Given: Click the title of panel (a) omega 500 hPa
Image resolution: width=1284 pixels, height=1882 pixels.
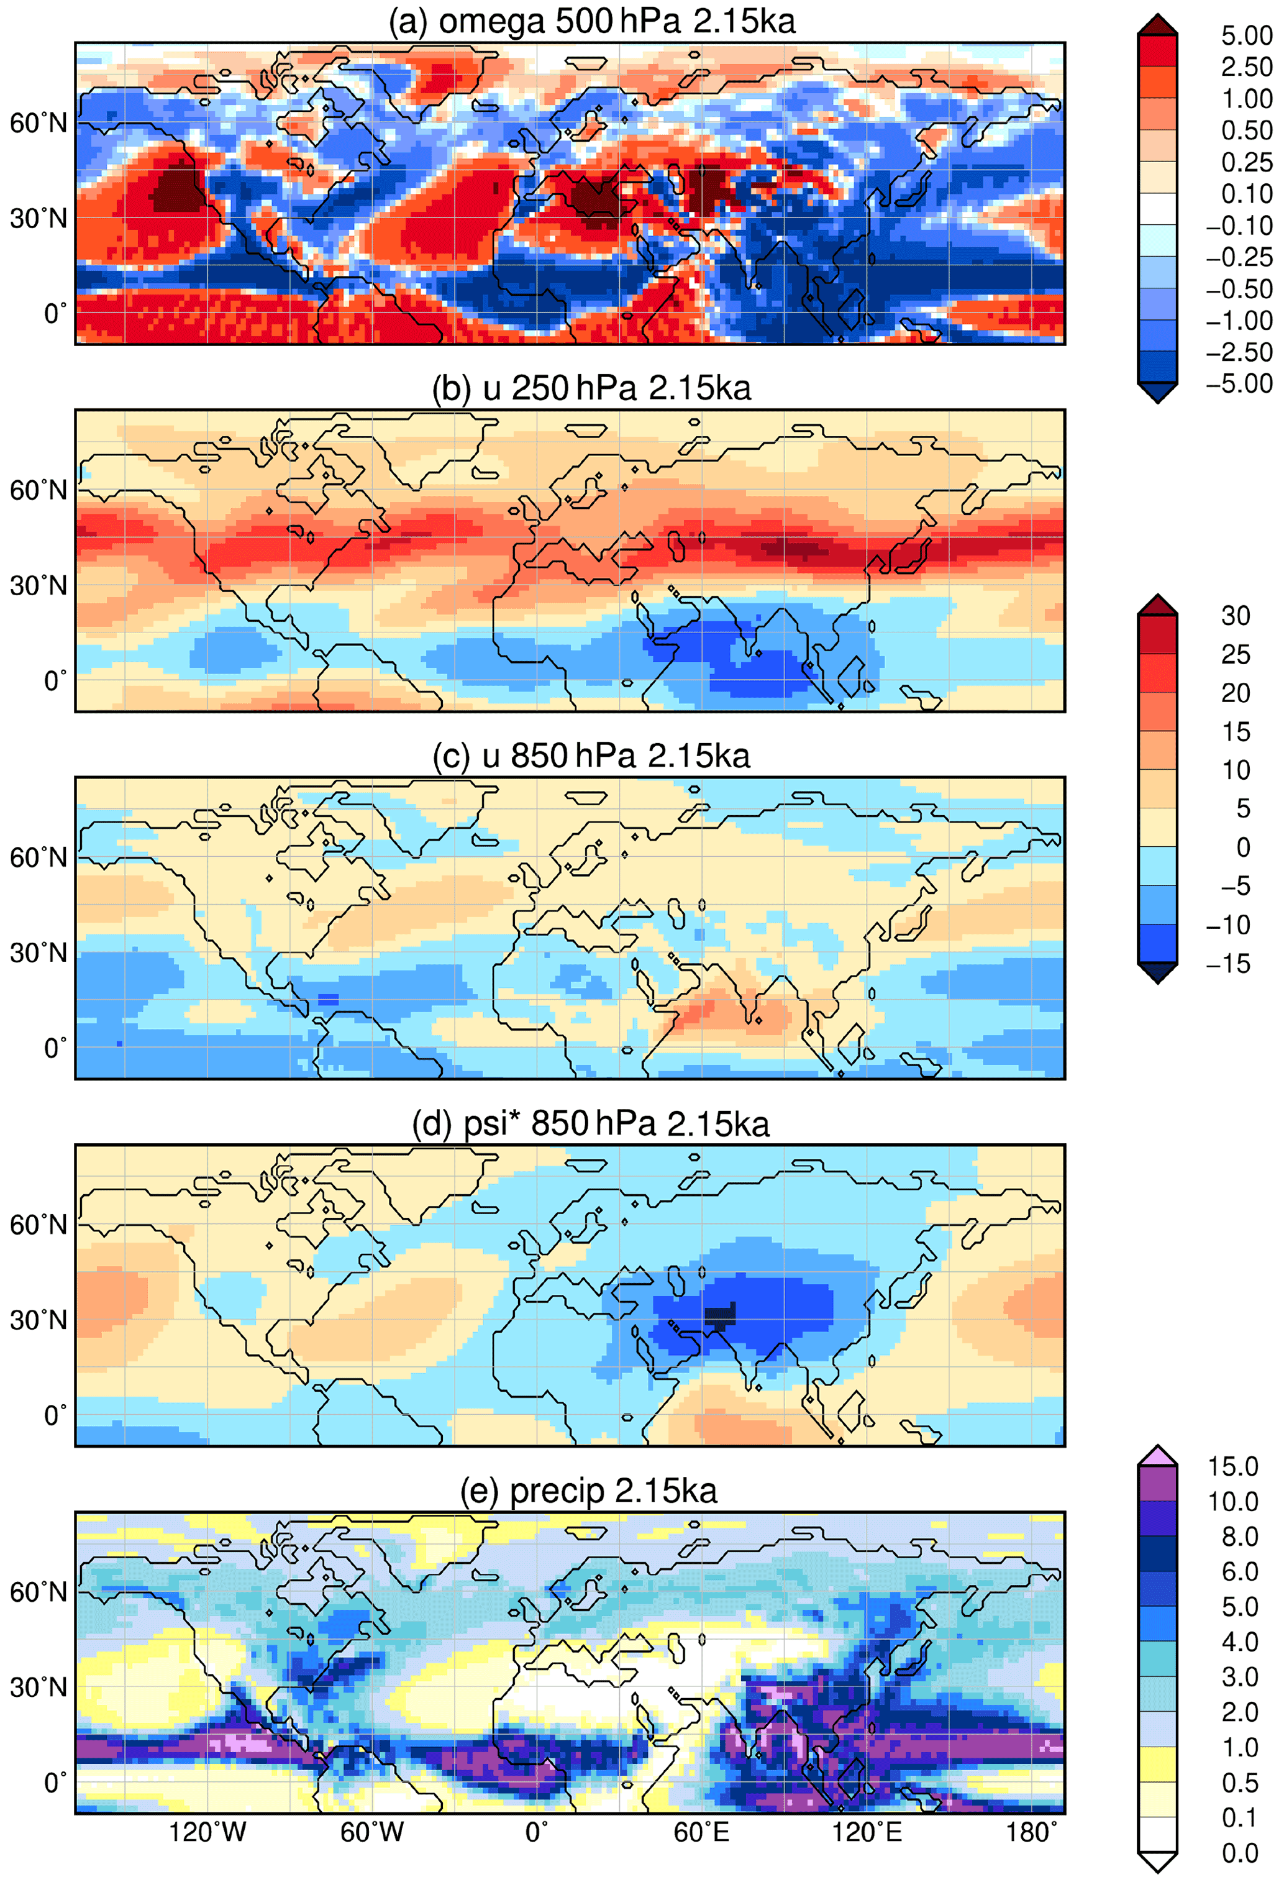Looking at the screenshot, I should (592, 21).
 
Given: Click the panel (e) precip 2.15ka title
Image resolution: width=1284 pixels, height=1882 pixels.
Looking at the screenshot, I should (588, 1490).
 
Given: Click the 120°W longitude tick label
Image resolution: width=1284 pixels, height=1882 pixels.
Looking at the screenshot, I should (207, 1832).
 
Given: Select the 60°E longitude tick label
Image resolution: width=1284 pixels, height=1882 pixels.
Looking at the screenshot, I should (701, 1832).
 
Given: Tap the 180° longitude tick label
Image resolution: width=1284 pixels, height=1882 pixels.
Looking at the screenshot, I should (1031, 1832).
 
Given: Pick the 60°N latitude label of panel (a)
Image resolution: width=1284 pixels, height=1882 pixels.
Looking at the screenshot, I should (38, 123).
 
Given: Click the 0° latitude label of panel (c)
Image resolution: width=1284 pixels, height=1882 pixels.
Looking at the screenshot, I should (55, 1048).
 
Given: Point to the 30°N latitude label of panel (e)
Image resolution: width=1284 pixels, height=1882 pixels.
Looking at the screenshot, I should (38, 1687).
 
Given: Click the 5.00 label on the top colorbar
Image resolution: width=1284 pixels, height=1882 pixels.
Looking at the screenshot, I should (1246, 35).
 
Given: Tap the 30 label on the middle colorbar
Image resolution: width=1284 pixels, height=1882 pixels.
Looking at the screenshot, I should (1236, 616).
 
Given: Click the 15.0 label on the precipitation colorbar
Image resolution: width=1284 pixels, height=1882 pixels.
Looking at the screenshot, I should (1232, 1466).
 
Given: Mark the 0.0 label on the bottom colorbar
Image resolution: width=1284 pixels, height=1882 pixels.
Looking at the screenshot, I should (1239, 1853).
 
